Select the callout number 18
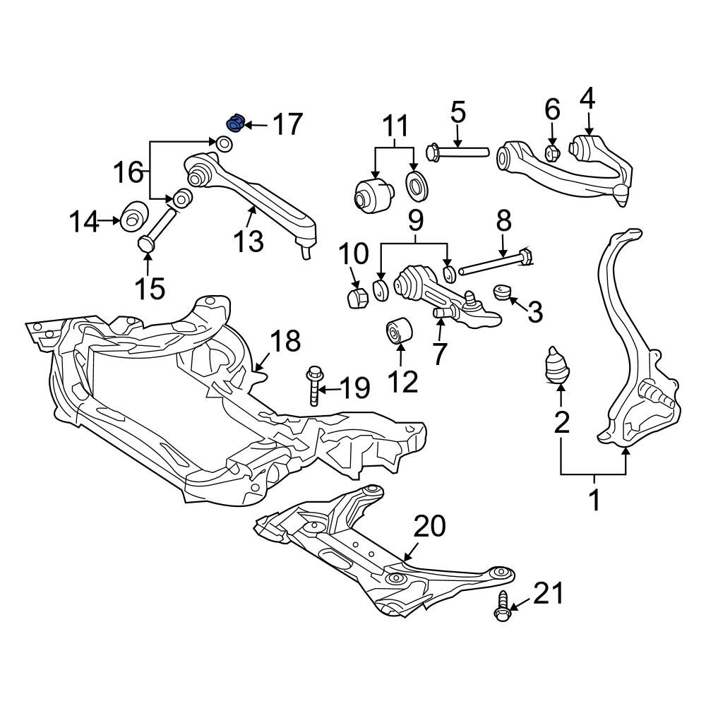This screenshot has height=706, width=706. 285,341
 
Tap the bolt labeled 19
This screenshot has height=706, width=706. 314,386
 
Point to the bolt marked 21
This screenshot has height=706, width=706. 503,607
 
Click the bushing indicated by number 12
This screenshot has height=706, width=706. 400,330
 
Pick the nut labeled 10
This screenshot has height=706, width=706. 359,298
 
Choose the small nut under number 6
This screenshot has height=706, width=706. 552,153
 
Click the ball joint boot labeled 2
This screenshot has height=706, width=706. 556,366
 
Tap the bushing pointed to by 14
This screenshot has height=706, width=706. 133,216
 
